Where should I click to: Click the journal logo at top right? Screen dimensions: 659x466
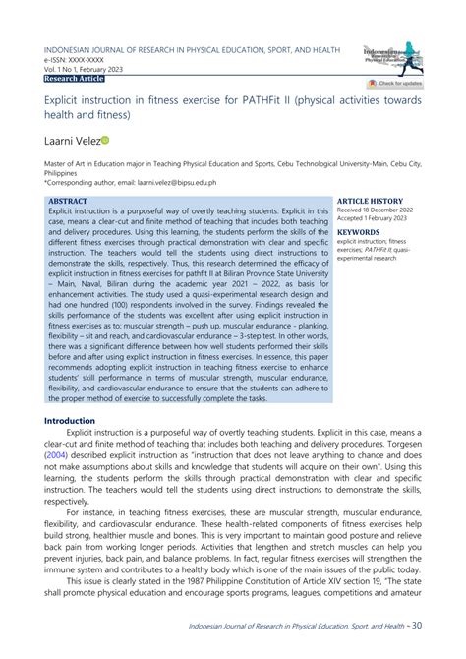coord(392,56)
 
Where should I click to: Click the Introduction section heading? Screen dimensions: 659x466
coord(70,420)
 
